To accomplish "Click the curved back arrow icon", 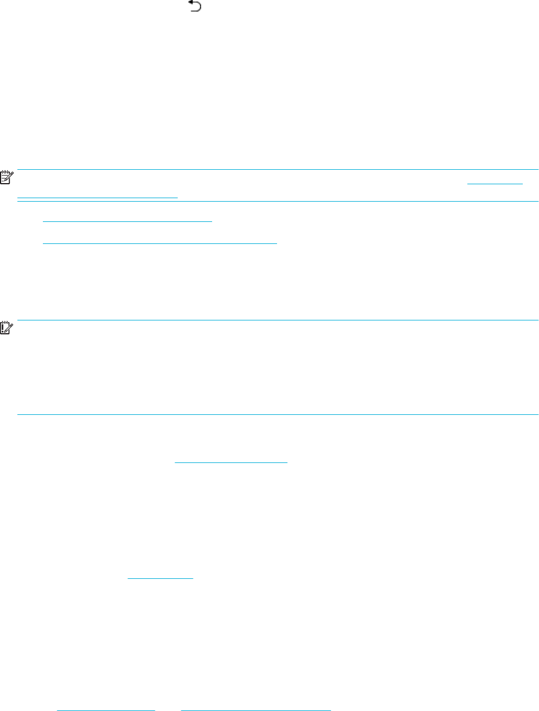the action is click(195, 7).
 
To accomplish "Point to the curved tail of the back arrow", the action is click(199, 8).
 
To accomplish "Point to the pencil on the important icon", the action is click(9, 328).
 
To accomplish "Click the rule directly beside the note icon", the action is click(278, 170).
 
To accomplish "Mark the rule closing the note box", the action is click(278, 200).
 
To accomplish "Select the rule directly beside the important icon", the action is click(278, 320).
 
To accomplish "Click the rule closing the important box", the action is click(278, 414).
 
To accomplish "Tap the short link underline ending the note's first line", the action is click(495, 184).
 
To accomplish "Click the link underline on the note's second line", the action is click(97, 198).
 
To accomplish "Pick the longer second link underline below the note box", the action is click(161, 243).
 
